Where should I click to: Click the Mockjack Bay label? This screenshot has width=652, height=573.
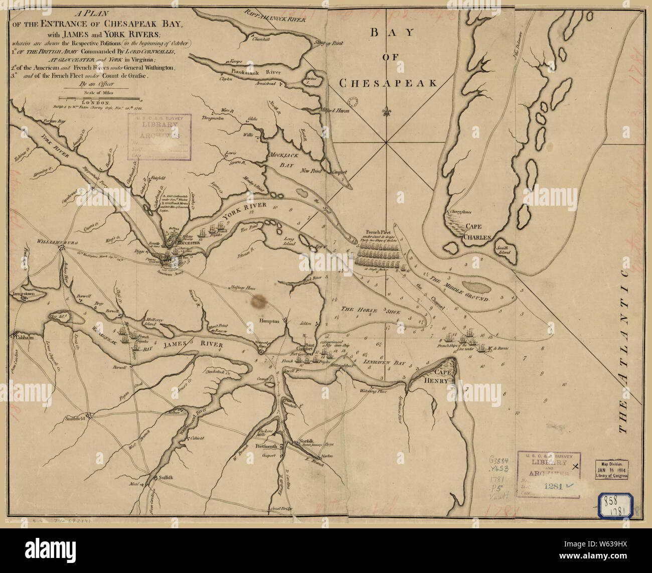pyautogui.click(x=283, y=160)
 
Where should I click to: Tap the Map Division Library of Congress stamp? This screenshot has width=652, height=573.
pyautogui.click(x=611, y=469)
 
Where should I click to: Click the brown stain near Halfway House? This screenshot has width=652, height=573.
pyautogui.click(x=259, y=301)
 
